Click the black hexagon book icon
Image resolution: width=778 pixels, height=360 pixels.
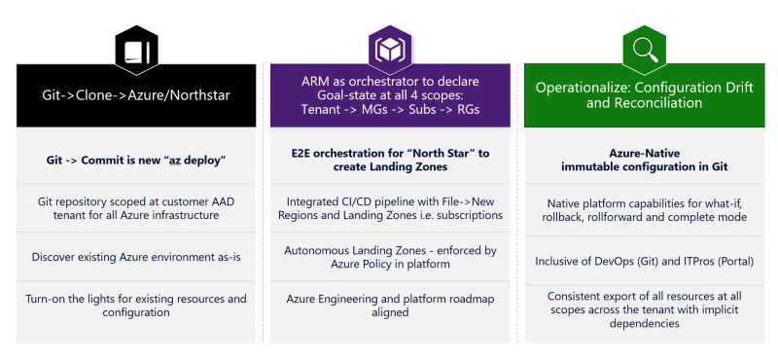pyautogui.click(x=136, y=48)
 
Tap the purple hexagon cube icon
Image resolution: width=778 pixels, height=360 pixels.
pyautogui.click(x=389, y=48)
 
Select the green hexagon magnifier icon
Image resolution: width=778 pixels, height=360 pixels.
pyautogui.click(x=643, y=48)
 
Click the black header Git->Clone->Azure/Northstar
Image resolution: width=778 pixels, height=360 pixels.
pyautogui.click(x=136, y=95)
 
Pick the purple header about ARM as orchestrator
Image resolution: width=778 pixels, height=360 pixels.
pyautogui.click(x=389, y=95)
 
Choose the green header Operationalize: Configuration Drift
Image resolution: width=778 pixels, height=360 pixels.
pyautogui.click(x=643, y=95)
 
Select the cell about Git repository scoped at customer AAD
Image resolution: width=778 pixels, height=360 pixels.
pyautogui.click(x=136, y=207)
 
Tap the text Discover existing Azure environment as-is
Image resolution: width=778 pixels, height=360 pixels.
pyautogui.click(x=136, y=258)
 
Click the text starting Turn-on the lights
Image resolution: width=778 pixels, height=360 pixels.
pyautogui.click(x=136, y=306)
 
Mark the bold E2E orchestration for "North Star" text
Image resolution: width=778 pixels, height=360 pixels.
pyautogui.click(x=389, y=160)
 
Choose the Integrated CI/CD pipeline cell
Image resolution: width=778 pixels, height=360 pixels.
pyautogui.click(x=389, y=207)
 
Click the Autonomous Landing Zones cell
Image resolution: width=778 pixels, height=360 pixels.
pyautogui.click(x=389, y=258)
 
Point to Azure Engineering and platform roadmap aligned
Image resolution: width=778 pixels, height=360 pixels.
pyautogui.click(x=389, y=306)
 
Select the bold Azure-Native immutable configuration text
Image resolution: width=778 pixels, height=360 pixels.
pyautogui.click(x=643, y=160)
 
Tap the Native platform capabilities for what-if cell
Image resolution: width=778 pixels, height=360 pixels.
pyautogui.click(x=643, y=207)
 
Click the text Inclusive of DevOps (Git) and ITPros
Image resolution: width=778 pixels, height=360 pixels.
pyautogui.click(x=643, y=261)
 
